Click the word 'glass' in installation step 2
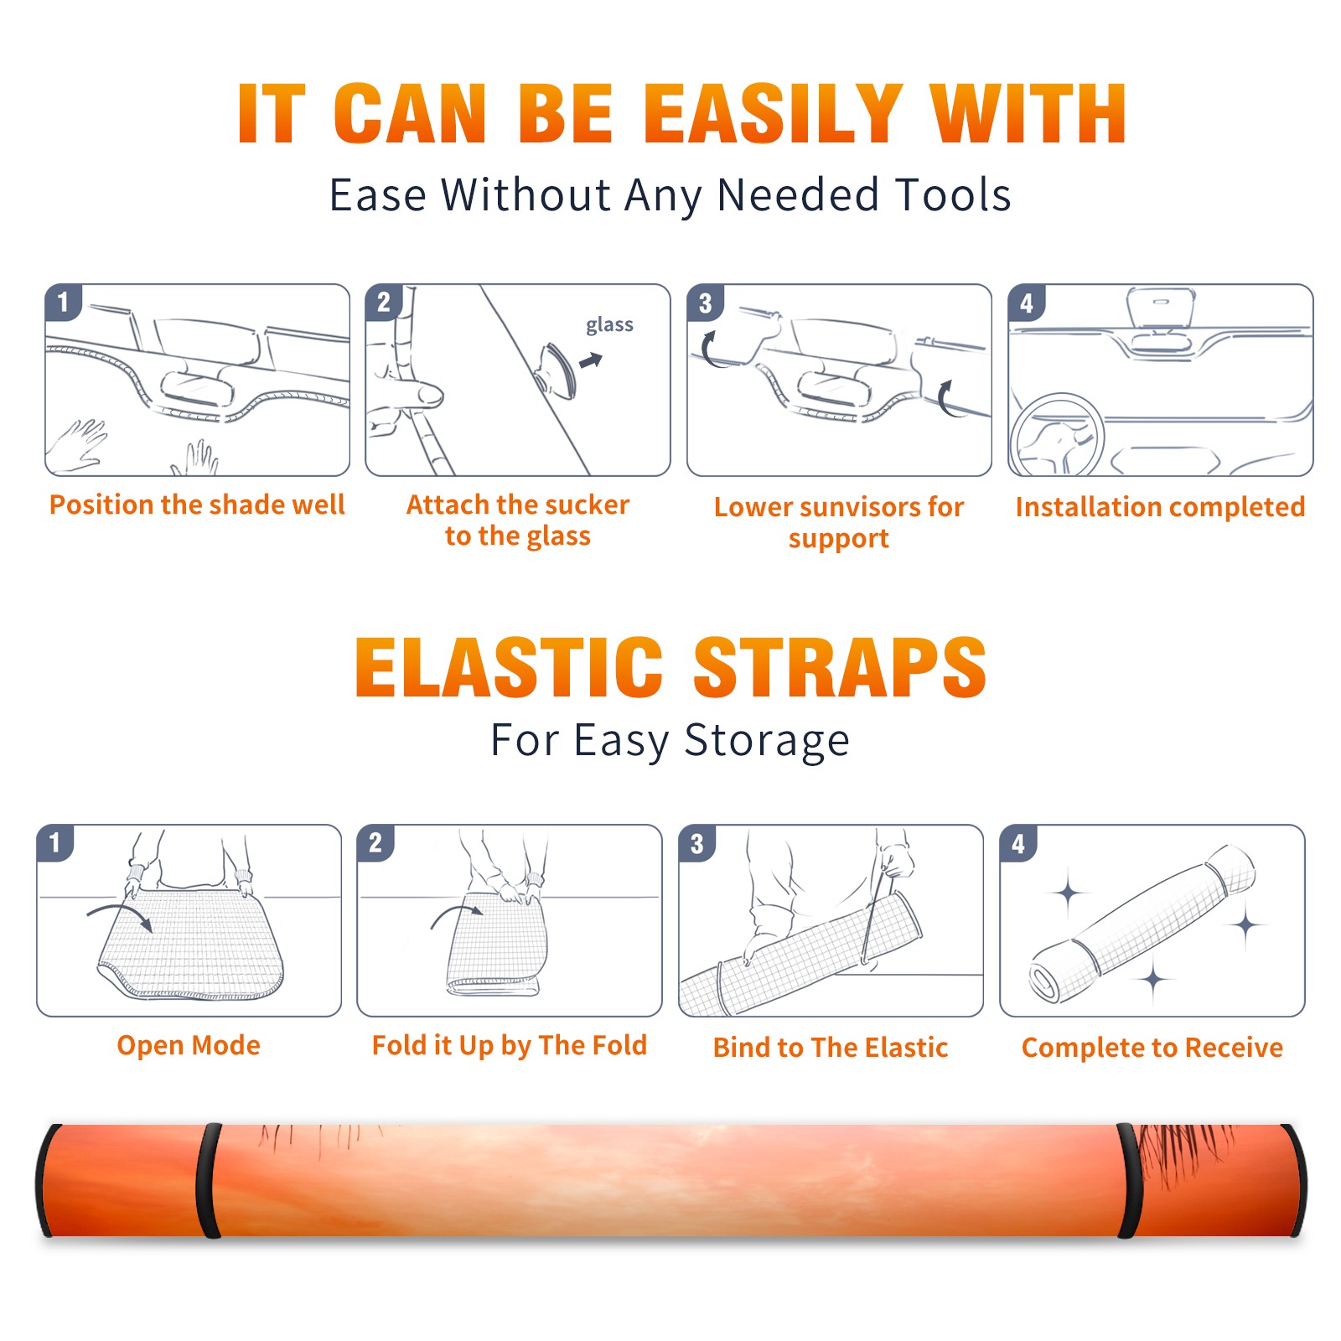(609, 325)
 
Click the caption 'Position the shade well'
(197, 505)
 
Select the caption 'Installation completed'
(1160, 507)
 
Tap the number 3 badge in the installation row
(705, 303)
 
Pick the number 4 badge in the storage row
(1018, 843)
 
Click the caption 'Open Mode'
(189, 1045)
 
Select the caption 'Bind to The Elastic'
(831, 1048)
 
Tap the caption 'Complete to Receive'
(1152, 1048)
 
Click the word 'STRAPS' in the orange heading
(841, 667)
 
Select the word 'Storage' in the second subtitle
(767, 741)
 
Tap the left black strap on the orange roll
(209, 1180)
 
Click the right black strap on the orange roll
(1129, 1180)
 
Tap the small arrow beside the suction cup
(592, 360)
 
